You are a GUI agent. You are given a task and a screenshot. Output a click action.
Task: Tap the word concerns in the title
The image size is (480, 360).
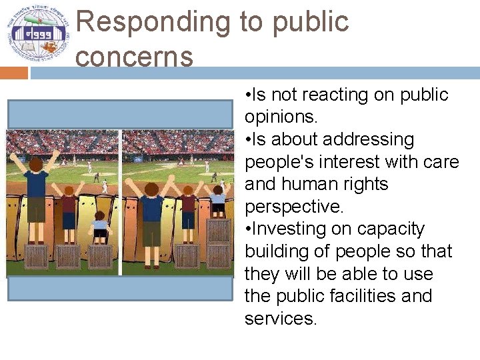click(x=134, y=56)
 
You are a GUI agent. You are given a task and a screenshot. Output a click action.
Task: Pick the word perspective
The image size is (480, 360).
click(x=293, y=207)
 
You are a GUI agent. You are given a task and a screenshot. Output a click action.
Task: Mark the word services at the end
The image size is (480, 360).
click(x=279, y=319)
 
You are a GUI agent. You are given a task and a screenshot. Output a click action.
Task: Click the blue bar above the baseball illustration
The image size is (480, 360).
click(x=120, y=113)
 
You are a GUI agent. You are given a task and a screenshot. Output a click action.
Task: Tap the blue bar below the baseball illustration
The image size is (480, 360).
click(x=120, y=289)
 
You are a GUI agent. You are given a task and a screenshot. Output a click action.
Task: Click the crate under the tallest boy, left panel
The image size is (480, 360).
click(x=35, y=256)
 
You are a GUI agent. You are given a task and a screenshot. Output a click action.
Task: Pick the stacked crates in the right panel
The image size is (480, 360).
click(x=218, y=243)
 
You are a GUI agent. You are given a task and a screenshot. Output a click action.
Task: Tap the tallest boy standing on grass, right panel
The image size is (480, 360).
click(x=152, y=213)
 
